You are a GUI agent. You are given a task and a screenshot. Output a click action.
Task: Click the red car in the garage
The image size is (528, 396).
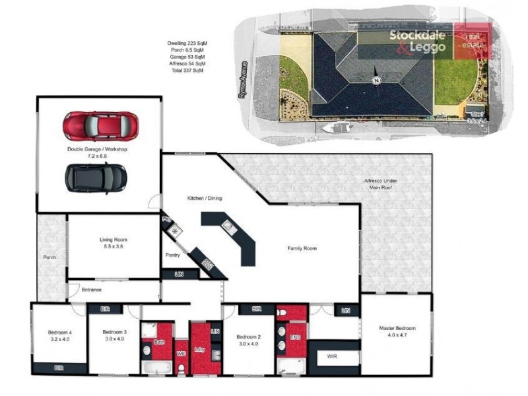(100, 125)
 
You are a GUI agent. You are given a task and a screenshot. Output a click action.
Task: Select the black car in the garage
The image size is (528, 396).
(96, 177)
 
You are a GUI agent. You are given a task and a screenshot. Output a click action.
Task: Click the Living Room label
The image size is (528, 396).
(114, 242)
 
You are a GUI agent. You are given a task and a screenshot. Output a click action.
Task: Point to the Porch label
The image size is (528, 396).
(49, 257)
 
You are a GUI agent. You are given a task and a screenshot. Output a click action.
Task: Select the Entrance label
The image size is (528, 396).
(90, 289)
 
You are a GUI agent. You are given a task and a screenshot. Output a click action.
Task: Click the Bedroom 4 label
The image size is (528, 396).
(59, 335)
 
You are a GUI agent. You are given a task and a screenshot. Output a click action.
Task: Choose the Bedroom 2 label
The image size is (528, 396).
(249, 340)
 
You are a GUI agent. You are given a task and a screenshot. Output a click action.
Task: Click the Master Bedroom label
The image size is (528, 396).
(397, 331)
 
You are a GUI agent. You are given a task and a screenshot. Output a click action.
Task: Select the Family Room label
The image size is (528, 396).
(302, 249)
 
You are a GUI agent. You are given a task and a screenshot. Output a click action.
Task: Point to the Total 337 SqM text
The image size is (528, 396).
(187, 71)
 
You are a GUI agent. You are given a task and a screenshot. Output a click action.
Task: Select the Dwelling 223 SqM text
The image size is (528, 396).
(187, 43)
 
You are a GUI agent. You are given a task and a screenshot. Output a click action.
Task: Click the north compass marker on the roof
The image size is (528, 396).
(376, 81)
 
